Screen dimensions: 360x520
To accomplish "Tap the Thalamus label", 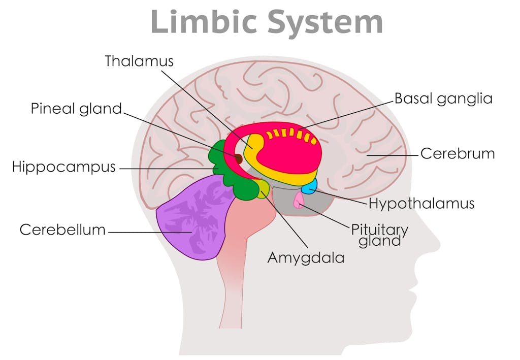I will pyautogui.click(x=139, y=61).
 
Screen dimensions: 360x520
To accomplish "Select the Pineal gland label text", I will pyautogui.click(x=77, y=109).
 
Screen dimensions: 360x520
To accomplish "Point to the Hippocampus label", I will pyautogui.click(x=64, y=167).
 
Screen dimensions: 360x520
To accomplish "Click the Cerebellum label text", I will pyautogui.click(x=62, y=230).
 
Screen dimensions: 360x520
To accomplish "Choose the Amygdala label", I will pyautogui.click(x=306, y=257).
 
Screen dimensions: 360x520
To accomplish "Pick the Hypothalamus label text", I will pyautogui.click(x=421, y=204).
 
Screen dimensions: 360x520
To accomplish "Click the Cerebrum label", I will pyautogui.click(x=458, y=153).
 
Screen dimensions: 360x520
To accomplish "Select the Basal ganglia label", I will pyautogui.click(x=443, y=98).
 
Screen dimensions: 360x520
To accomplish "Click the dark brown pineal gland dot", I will pyautogui.click(x=238, y=158).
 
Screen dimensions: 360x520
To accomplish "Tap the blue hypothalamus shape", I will pyautogui.click(x=309, y=187).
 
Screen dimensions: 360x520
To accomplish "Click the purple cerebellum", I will pyautogui.click(x=190, y=218).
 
